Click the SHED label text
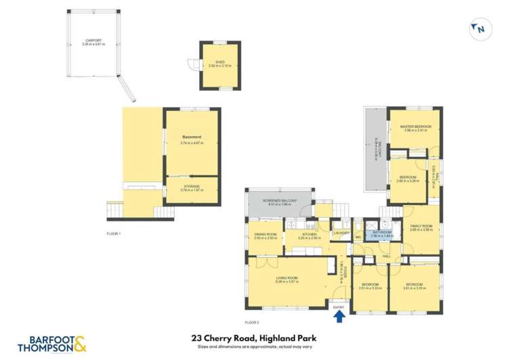pyautogui.click(x=219, y=63)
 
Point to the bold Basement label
pyautogui.click(x=192, y=138)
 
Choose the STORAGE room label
pyautogui.click(x=192, y=187)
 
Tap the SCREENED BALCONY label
pyautogui.click(x=280, y=202)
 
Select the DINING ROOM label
pyautogui.click(x=261, y=235)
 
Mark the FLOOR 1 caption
pyautogui.click(x=114, y=233)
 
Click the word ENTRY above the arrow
pyautogui.click(x=339, y=303)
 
